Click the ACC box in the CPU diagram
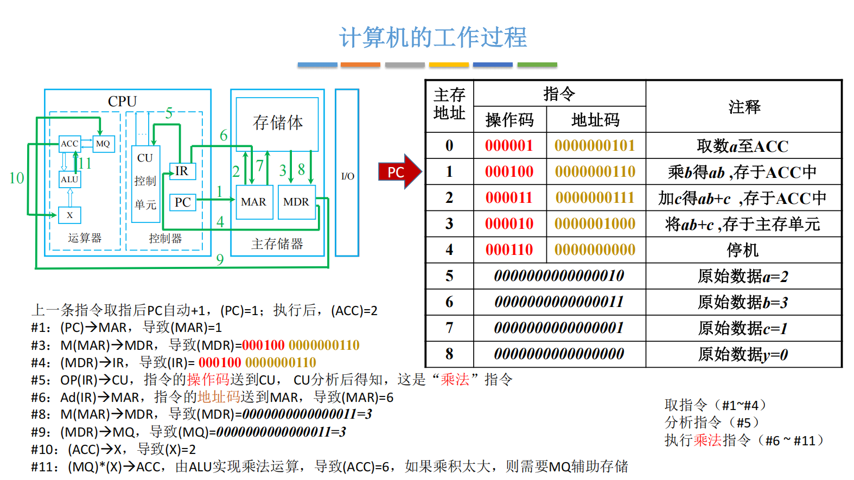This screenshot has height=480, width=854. [x=69, y=144]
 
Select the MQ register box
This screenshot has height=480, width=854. [x=103, y=144]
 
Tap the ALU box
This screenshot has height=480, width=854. [x=69, y=180]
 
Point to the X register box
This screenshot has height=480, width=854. [x=69, y=215]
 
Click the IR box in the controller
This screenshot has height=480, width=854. [x=182, y=171]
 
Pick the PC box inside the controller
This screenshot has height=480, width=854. [x=182, y=202]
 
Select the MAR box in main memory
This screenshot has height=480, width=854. [x=254, y=202]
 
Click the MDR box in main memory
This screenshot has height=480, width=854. [x=296, y=202]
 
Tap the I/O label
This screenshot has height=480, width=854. [x=347, y=176]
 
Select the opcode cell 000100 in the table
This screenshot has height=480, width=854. [x=509, y=172]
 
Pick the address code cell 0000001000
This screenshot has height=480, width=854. [x=595, y=223]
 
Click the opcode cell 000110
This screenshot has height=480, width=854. [x=509, y=249]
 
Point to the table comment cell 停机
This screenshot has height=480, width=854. [x=743, y=250]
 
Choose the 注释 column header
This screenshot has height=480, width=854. [x=744, y=107]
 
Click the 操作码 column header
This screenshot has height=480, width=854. [x=509, y=120]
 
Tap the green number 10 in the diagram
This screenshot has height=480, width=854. [x=16, y=178]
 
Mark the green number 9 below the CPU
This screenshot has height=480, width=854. [x=220, y=260]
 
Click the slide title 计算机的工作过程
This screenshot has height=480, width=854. [x=432, y=37]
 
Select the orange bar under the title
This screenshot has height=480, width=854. [x=360, y=65]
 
